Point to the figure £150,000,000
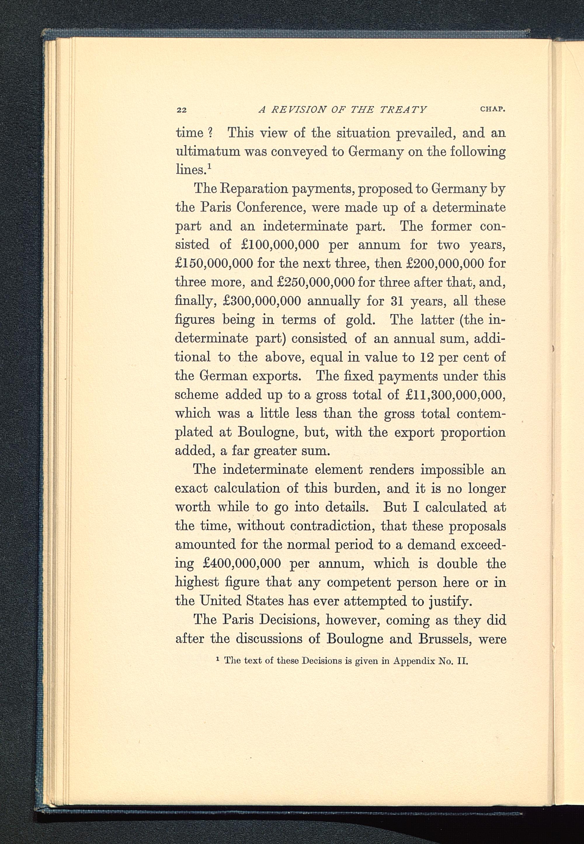214,263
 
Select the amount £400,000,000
241,563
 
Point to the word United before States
221,601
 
